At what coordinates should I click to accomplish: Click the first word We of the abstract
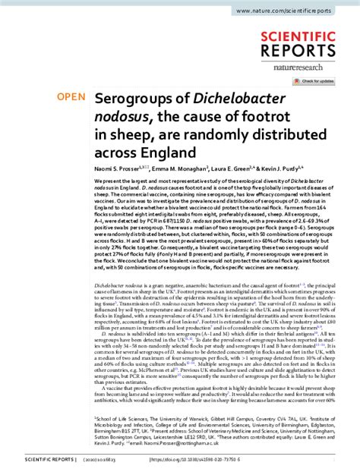[x=97, y=184]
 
